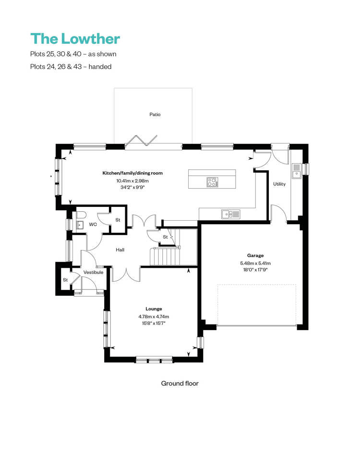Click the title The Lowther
[x=75, y=39]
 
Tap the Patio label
[x=155, y=114]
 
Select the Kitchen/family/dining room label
[x=132, y=173]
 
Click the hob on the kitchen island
[x=212, y=182]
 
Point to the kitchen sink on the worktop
[x=231, y=214]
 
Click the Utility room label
[x=279, y=184]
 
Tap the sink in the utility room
[x=296, y=171]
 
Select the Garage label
[x=255, y=255]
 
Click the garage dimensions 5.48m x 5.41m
[x=255, y=263]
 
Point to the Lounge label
[x=154, y=309]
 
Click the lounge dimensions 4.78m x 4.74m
[x=154, y=317]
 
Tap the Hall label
[x=120, y=250]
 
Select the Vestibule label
[x=93, y=272]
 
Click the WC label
[x=93, y=225]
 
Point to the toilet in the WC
[x=81, y=215]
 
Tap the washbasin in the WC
[x=80, y=225]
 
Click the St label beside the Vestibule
[x=65, y=280]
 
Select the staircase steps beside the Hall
[x=165, y=257]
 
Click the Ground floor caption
[x=180, y=383]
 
